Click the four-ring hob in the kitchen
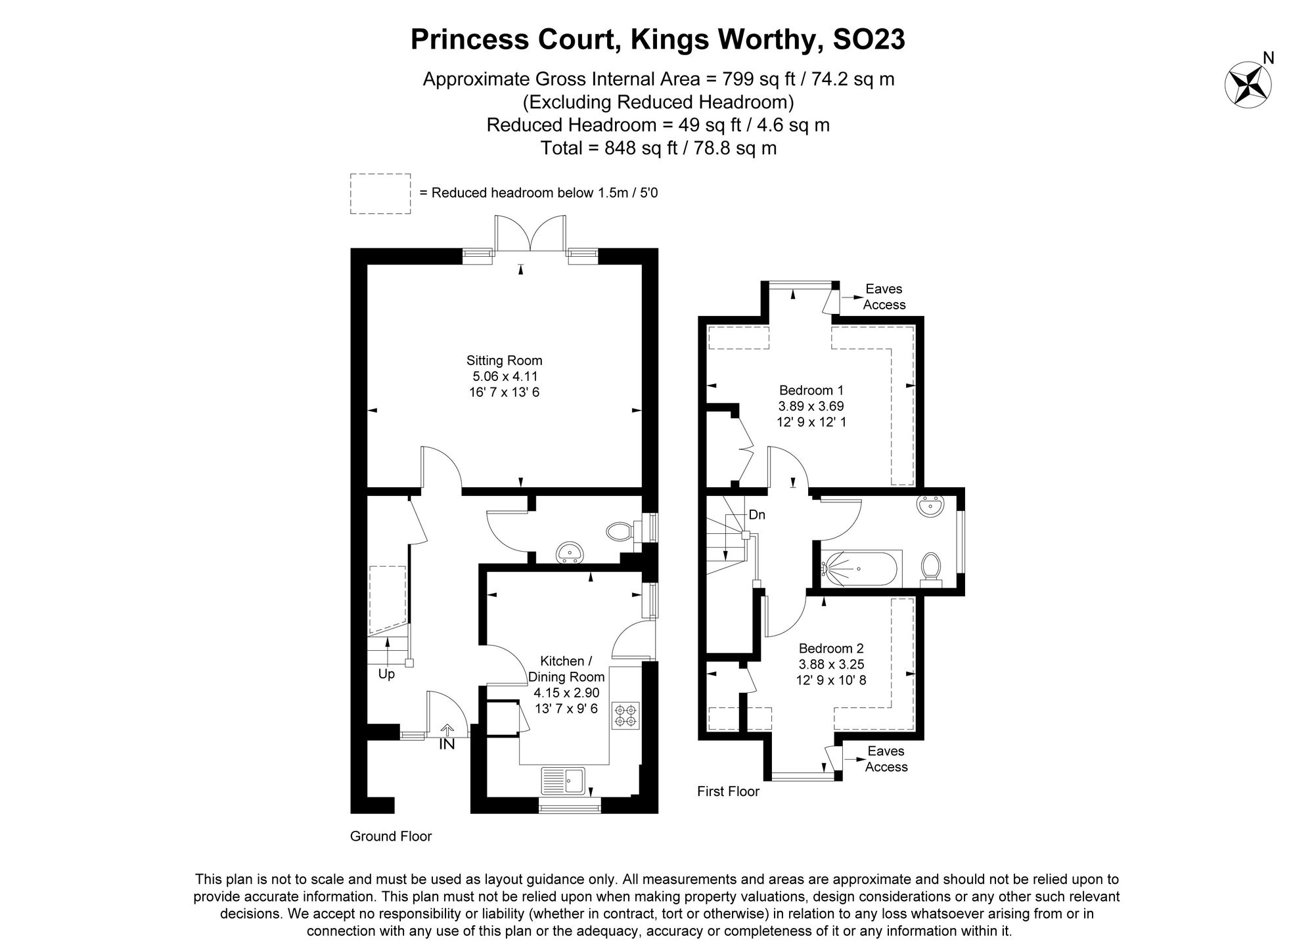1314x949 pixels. (x=625, y=716)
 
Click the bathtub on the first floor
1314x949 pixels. (x=861, y=568)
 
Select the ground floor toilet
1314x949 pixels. (x=622, y=531)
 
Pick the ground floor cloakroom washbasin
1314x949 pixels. (x=569, y=552)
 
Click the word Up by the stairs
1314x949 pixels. (x=386, y=674)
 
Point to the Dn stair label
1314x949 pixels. (x=757, y=515)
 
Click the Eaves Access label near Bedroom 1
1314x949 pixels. (x=884, y=297)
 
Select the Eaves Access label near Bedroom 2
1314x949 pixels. (x=886, y=759)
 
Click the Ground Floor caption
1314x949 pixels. (x=390, y=836)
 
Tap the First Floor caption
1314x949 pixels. (x=728, y=791)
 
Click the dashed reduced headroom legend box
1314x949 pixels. (x=380, y=194)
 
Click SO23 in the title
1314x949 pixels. (x=869, y=39)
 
